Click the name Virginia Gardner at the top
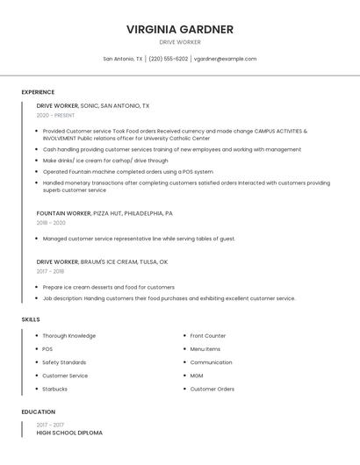click(180, 29)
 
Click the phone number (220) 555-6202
click(168, 59)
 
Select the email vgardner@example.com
click(225, 59)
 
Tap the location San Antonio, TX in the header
click(122, 59)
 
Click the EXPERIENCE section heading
click(38, 92)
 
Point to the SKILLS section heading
click(31, 319)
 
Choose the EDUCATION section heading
click(39, 411)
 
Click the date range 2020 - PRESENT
click(55, 115)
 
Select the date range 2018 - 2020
click(51, 223)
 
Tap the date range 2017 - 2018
click(51, 271)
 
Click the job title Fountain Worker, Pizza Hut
click(104, 213)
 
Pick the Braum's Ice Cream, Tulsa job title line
click(102, 261)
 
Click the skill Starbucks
click(54, 389)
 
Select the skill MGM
click(196, 376)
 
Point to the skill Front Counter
click(208, 336)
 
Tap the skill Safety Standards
click(64, 362)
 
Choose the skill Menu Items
click(205, 349)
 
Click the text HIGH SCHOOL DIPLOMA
click(69, 433)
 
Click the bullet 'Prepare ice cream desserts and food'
click(108, 287)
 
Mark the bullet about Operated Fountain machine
click(127, 172)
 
